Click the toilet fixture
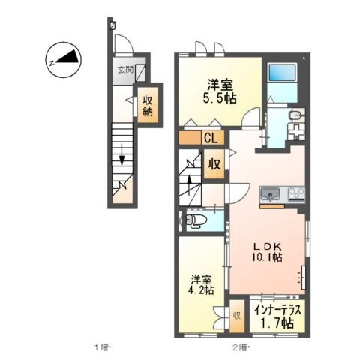[197, 220]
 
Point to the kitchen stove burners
[294, 194]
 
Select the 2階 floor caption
[240, 346]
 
